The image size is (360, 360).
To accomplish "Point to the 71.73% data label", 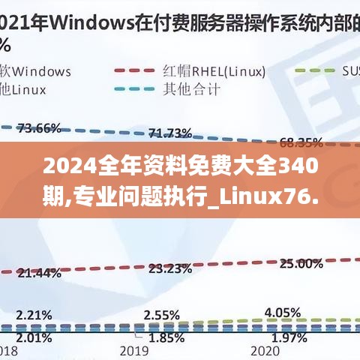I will click(x=169, y=133).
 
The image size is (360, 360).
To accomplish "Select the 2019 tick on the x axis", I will click(x=136, y=351).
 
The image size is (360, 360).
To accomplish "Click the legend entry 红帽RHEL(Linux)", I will click(x=214, y=71).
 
